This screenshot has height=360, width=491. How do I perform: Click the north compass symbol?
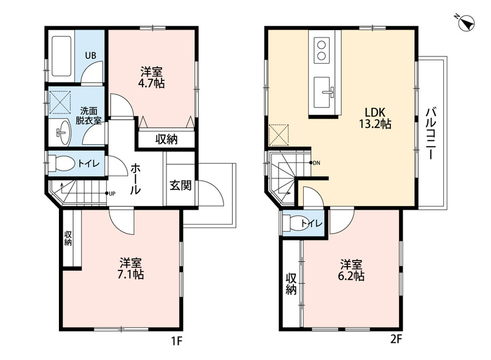(x=466, y=23)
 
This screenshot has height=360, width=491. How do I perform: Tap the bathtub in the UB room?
(x=61, y=56)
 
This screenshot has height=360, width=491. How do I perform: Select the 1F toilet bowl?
(x=63, y=163)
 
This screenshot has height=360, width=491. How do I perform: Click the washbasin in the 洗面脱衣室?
(x=64, y=132)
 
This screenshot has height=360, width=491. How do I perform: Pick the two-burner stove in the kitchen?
(x=322, y=50)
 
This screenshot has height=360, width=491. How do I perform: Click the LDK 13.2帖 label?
(x=375, y=118)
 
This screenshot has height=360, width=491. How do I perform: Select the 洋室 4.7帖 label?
(x=152, y=77)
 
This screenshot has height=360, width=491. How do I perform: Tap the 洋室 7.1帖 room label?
(x=131, y=269)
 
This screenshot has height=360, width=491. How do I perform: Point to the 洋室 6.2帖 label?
(x=352, y=270)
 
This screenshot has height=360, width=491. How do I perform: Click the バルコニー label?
(x=431, y=133)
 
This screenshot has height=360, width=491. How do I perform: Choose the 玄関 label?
(x=180, y=185)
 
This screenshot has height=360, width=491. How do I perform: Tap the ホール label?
(x=136, y=179)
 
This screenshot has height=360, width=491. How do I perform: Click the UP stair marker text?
(x=112, y=194)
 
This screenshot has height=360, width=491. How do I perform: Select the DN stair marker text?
(x=317, y=163)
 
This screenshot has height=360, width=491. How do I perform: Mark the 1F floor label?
(x=177, y=340)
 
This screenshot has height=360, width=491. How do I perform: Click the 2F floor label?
(x=396, y=339)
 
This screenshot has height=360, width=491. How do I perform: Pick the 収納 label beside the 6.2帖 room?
(x=291, y=284)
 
